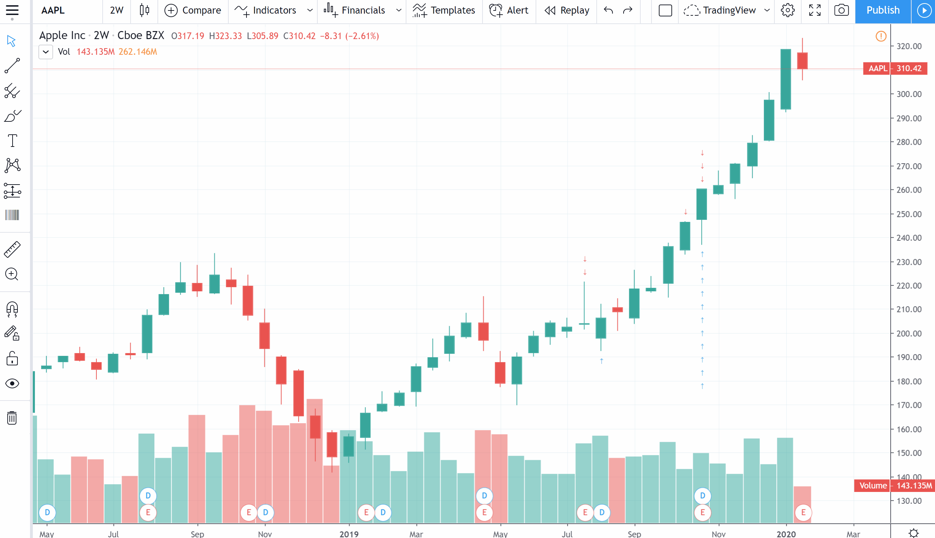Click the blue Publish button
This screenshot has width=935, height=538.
click(x=883, y=10)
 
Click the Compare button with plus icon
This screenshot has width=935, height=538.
click(x=193, y=10)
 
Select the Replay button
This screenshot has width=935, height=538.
click(x=566, y=10)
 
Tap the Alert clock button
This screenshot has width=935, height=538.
click(x=509, y=10)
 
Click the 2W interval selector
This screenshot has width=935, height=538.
click(x=117, y=10)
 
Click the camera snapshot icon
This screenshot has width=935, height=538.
click(x=841, y=10)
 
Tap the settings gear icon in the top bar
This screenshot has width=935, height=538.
click(x=787, y=10)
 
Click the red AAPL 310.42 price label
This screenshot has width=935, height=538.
click(x=895, y=68)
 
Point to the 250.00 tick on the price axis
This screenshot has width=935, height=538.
click(x=909, y=214)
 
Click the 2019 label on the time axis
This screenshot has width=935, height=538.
click(x=349, y=533)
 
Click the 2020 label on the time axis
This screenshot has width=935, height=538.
click(x=786, y=533)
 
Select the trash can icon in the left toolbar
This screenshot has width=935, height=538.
click(x=12, y=418)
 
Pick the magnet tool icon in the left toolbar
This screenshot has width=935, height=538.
click(x=12, y=309)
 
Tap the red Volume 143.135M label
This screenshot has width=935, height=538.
click(x=894, y=486)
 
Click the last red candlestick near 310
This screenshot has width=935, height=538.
click(x=802, y=61)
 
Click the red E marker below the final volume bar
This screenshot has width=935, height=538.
click(x=803, y=513)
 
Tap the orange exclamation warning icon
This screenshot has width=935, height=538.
click(x=881, y=36)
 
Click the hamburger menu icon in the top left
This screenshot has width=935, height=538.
click(x=12, y=10)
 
